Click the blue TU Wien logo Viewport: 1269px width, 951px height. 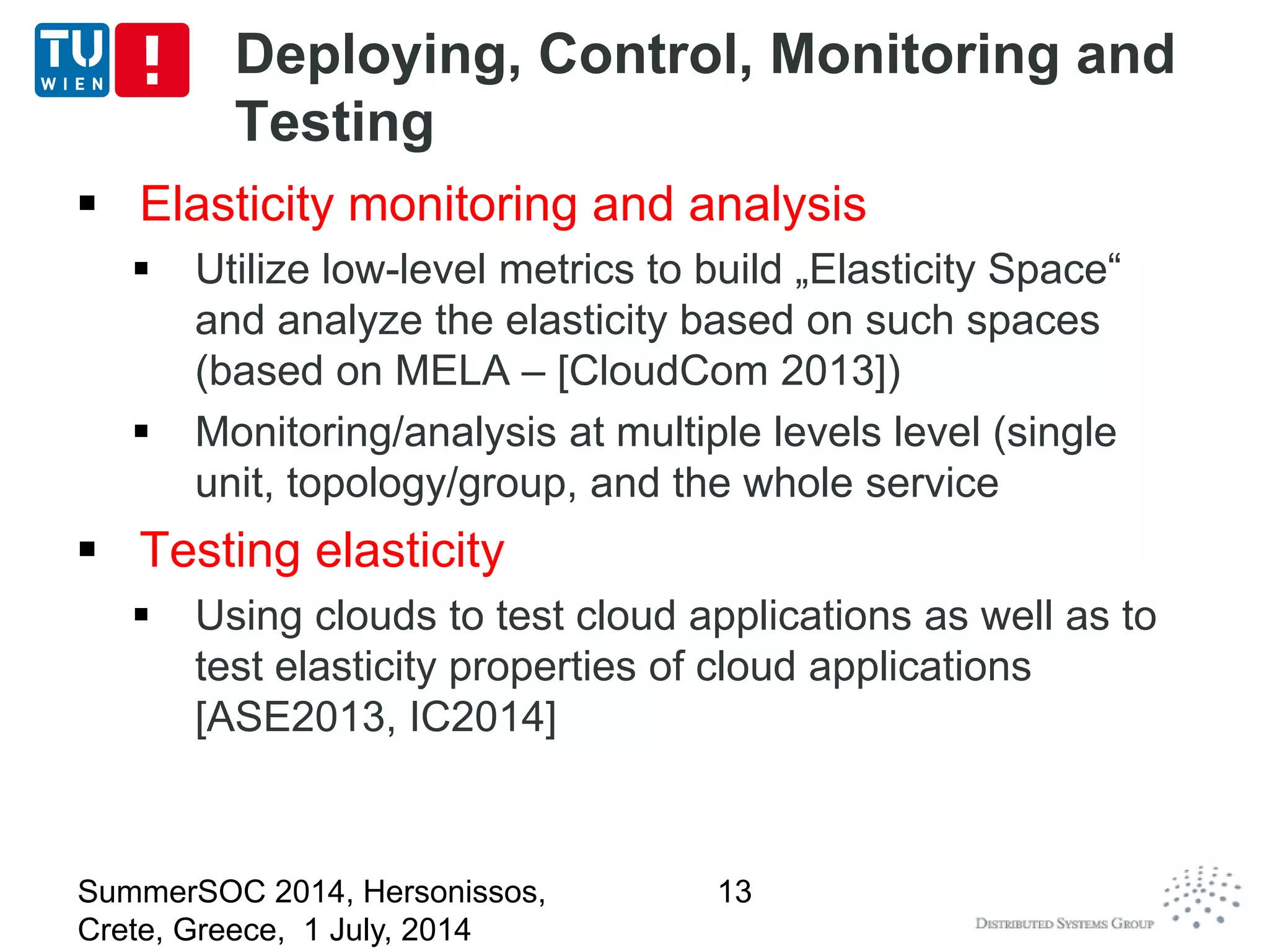[72, 60]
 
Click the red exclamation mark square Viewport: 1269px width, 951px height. [152, 60]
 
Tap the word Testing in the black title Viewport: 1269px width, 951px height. [335, 123]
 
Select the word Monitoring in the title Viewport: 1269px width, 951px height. [915, 56]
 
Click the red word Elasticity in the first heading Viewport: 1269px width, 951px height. [237, 204]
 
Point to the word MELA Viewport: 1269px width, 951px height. [452, 371]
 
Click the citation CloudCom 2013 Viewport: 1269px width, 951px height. [729, 371]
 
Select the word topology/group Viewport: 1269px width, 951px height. [426, 484]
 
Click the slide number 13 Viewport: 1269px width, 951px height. [734, 892]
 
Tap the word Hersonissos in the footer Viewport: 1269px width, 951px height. [454, 892]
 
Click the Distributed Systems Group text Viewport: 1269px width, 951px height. [1064, 924]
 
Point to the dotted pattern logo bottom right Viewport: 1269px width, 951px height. [1201, 897]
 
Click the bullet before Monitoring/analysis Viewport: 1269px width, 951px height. [141, 431]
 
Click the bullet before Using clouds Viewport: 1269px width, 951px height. [141, 615]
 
